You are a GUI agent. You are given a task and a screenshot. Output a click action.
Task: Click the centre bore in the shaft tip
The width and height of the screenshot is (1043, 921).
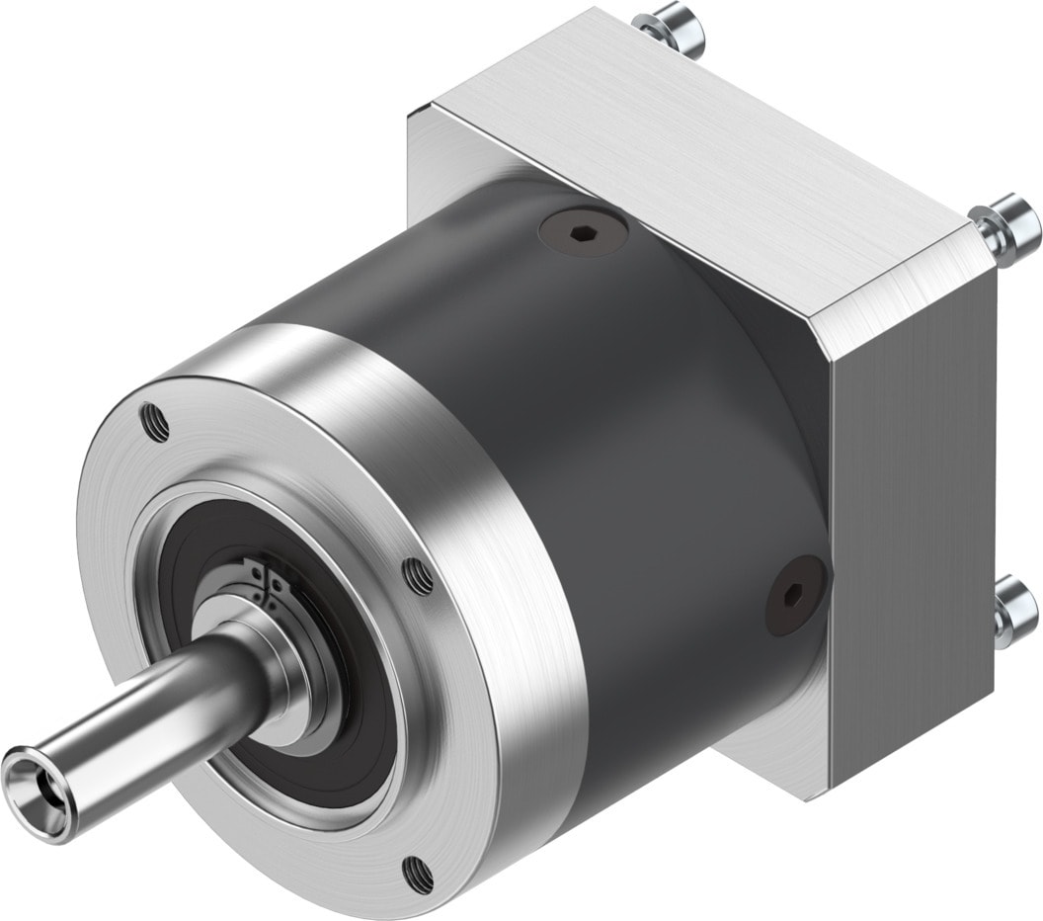pos(27,778)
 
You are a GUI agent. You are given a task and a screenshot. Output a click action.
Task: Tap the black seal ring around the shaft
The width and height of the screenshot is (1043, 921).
pos(341,692)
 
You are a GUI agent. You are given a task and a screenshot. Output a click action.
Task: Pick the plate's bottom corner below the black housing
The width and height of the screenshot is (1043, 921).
pos(780,751)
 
